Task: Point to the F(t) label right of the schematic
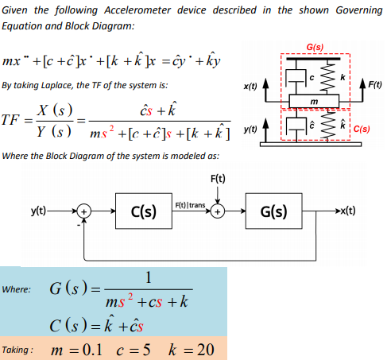(x=370, y=82)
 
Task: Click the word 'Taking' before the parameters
(x=17, y=350)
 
